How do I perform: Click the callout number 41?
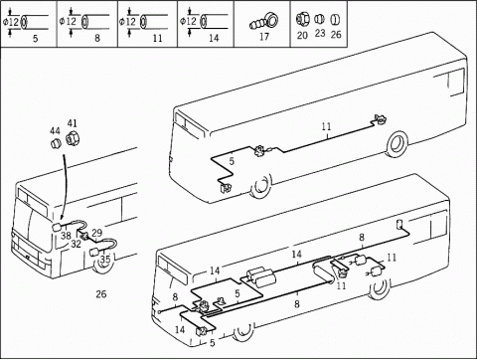(x=73, y=123)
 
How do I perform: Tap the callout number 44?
(x=55, y=131)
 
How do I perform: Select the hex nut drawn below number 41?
(x=72, y=138)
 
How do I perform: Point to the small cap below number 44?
(x=56, y=144)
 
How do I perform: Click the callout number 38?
(x=66, y=236)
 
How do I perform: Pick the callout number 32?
(x=76, y=244)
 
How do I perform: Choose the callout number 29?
(x=96, y=233)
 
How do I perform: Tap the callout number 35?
(x=105, y=259)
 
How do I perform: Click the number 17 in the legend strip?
(x=264, y=37)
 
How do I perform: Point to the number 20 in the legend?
(x=302, y=35)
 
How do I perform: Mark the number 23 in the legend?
(x=320, y=34)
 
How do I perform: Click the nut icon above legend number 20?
(x=302, y=20)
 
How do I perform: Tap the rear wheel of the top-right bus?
(x=397, y=144)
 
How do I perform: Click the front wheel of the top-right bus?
(x=261, y=186)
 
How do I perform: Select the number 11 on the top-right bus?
(x=326, y=126)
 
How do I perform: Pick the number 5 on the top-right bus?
(x=232, y=161)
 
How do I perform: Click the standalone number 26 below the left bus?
(x=101, y=294)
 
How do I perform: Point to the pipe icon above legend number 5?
(x=32, y=22)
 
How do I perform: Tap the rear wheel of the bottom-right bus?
(x=380, y=287)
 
